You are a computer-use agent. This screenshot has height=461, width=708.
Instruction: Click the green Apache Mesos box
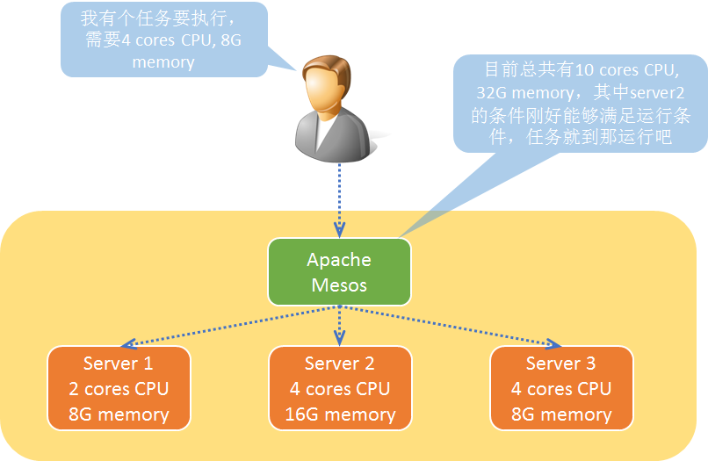coord(339,272)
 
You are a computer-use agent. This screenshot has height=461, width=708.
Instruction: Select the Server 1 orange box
coord(119,388)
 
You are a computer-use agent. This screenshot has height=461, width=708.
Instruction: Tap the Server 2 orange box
coord(340,388)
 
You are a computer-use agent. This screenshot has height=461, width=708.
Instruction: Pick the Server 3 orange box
coord(561,388)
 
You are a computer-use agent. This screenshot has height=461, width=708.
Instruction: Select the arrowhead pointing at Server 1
coord(126,343)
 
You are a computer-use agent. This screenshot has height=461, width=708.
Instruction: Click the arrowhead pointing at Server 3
coord(553,343)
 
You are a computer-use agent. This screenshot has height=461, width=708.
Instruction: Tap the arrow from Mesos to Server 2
coord(340,325)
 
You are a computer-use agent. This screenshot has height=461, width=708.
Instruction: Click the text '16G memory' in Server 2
coord(340,414)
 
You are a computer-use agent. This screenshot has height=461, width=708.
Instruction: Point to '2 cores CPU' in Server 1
coord(119,388)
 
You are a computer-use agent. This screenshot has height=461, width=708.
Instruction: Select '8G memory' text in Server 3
coord(561,414)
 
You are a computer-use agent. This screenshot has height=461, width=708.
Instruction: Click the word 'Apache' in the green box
coord(339,260)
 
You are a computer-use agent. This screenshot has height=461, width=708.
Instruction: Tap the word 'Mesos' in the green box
coord(339,285)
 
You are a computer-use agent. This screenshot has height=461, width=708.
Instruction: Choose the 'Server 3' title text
coord(561,363)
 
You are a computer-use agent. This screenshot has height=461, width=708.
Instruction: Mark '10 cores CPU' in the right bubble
coord(625,70)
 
